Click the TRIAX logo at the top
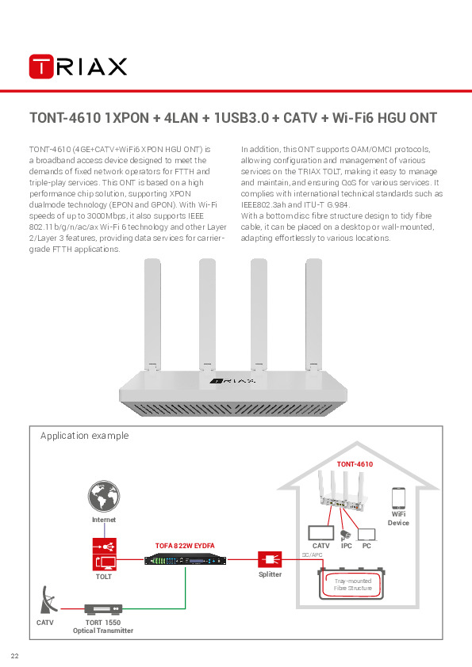[78, 66]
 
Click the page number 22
[14, 655]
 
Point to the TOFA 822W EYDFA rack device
[184, 561]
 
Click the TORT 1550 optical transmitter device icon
[103, 609]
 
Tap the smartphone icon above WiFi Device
[398, 499]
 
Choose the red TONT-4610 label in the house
[355, 464]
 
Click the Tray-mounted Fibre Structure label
[352, 585]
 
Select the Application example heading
[84, 436]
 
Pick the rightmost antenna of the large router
[315, 313]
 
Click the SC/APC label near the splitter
[313, 555]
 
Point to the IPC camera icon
[345, 535]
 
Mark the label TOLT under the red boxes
[104, 577]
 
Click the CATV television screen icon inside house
[320, 533]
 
